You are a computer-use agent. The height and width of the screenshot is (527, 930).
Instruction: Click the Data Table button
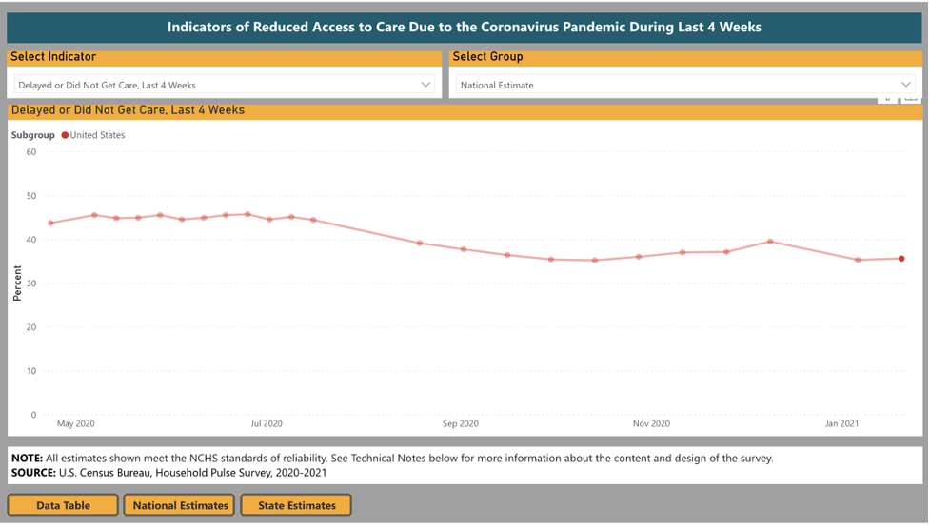63,505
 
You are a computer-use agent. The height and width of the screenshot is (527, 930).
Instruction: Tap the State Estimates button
296,505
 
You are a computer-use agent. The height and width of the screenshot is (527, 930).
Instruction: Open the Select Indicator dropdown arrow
425,85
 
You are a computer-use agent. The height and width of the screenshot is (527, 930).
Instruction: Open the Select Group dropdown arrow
906,85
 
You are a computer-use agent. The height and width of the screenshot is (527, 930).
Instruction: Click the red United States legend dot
65,135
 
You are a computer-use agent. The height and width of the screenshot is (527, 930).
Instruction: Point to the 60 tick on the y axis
31,152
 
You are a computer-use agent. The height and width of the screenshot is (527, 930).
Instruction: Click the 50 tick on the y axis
31,196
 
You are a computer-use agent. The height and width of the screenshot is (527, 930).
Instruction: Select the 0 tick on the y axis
33,415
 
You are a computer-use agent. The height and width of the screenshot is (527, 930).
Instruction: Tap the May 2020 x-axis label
76,423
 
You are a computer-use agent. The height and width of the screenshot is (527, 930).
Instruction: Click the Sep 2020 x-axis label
461,423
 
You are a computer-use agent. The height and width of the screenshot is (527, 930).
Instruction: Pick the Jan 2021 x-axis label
841,423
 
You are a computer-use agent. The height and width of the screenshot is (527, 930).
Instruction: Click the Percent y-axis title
17,283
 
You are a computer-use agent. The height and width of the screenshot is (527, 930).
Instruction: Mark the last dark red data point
901,259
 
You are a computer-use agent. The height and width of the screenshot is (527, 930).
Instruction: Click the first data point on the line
50,224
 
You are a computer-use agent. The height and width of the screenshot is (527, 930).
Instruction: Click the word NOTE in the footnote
27,458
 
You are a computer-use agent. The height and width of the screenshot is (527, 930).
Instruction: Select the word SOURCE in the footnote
32,472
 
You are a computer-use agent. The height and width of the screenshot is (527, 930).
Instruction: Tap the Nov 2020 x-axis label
651,423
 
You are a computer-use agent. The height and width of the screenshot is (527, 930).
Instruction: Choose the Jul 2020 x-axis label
267,423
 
